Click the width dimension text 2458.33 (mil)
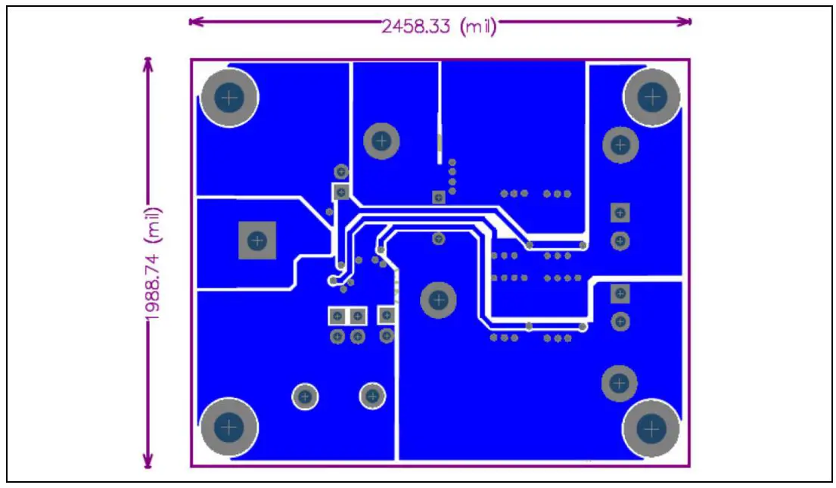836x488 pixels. pyautogui.click(x=439, y=26)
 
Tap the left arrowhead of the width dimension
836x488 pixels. pyautogui.click(x=194, y=21)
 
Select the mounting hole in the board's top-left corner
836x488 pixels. pyautogui.click(x=228, y=98)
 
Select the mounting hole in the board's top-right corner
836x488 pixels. pyautogui.click(x=651, y=97)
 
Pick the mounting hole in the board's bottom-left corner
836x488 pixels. pyautogui.click(x=228, y=427)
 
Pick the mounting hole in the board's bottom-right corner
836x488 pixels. pyautogui.click(x=651, y=428)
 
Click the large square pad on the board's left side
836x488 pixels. pyautogui.click(x=257, y=241)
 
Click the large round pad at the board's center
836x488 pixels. pyautogui.click(x=438, y=300)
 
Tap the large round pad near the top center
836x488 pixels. pyautogui.click(x=381, y=140)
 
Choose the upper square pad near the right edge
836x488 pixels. pyautogui.click(x=620, y=213)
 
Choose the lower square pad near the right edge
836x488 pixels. pyautogui.click(x=620, y=293)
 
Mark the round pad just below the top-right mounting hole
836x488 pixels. pyautogui.click(x=620, y=145)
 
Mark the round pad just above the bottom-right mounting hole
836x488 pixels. pyautogui.click(x=620, y=384)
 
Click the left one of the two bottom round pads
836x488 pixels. pyautogui.click(x=306, y=396)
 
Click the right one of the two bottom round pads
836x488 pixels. pyautogui.click(x=372, y=395)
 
